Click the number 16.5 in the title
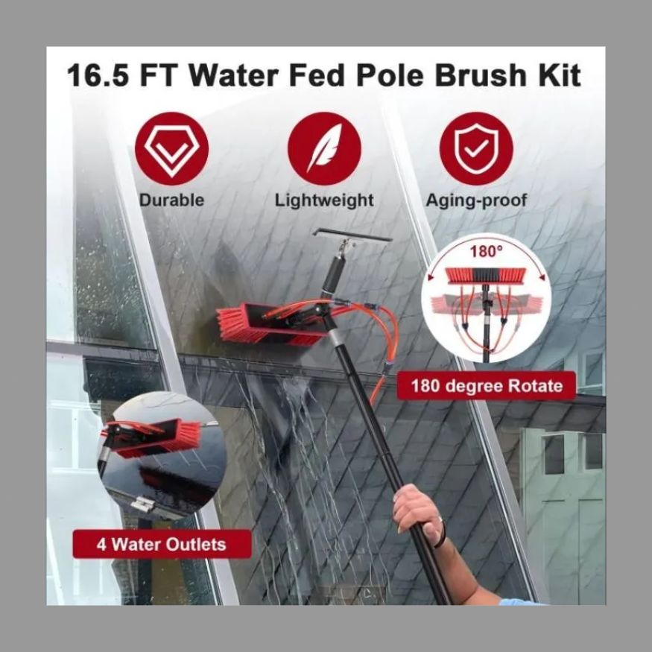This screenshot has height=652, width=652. point(98,76)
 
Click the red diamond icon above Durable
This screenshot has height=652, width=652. point(171,148)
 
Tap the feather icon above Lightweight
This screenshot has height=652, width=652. point(324,148)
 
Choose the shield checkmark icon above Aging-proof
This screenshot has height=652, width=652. point(477,148)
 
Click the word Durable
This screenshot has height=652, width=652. point(171,200)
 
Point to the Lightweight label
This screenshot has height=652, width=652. point(324,200)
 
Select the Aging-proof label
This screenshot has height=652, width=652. point(477,200)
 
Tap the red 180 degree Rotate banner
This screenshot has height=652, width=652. point(486,386)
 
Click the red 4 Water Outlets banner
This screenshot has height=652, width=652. point(162,544)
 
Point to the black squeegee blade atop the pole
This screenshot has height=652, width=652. point(352,235)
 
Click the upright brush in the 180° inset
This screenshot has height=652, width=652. point(485,276)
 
